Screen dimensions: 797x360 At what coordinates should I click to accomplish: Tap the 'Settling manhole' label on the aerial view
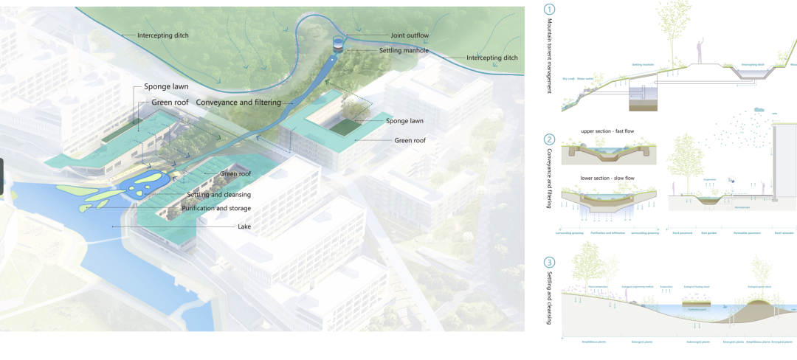coord(405,50)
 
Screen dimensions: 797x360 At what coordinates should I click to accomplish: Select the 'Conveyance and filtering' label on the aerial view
coord(239,103)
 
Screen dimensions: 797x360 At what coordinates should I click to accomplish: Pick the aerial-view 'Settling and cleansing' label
coord(219,195)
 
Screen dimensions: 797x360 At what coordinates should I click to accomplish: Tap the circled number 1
coord(549,10)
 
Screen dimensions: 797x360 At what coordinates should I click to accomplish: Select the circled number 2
coord(549,139)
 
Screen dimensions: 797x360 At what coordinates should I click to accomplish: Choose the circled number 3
coord(549,262)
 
